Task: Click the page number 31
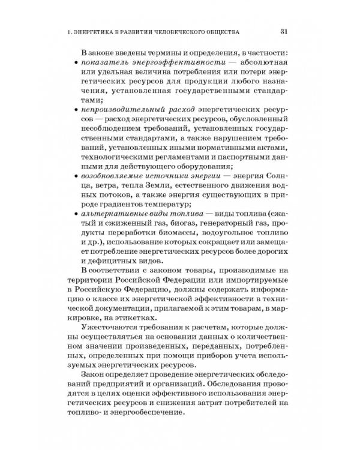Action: click(285, 31)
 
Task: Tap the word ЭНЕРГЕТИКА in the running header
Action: click(101, 31)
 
